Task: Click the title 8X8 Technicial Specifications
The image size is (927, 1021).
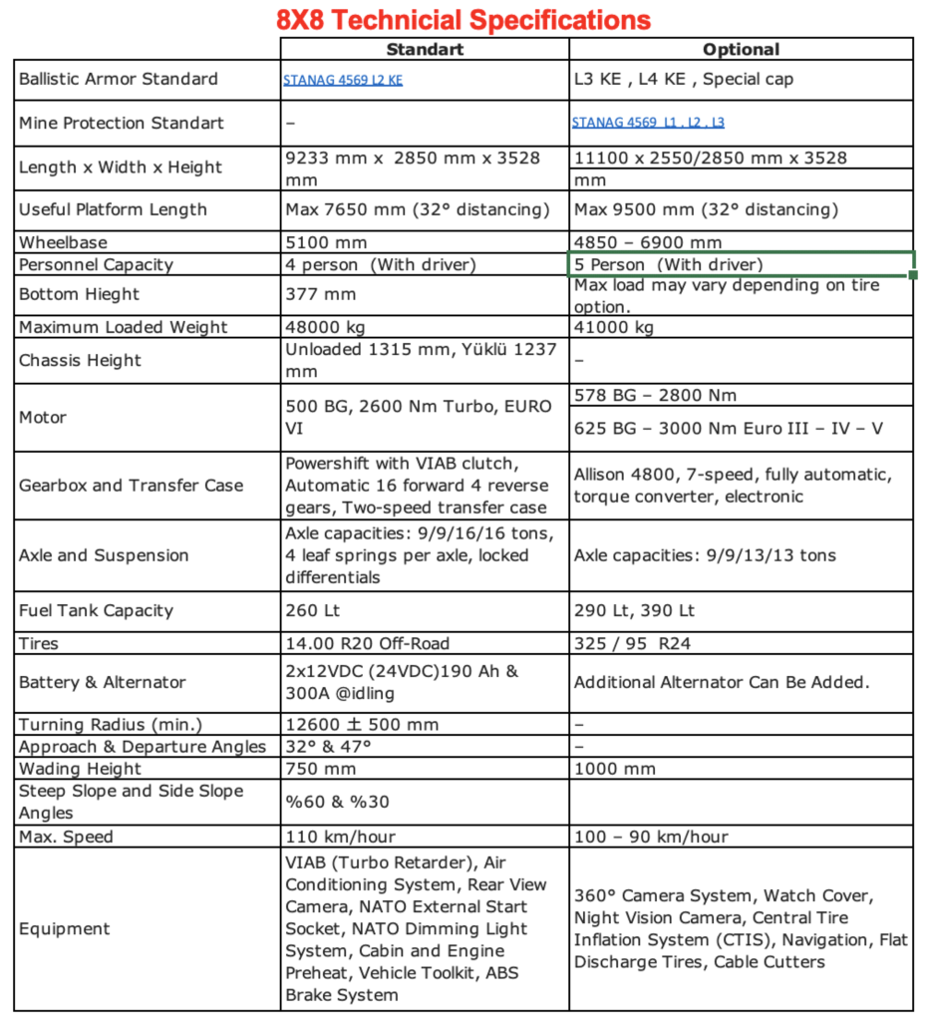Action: [x=463, y=19]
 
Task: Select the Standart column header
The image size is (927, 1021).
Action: [x=425, y=49]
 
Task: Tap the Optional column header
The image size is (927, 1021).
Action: [x=741, y=49]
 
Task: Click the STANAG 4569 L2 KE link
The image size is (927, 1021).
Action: [x=343, y=81]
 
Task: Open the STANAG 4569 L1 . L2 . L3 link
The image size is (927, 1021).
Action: [x=648, y=124]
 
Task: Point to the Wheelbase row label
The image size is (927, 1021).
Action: [x=63, y=242]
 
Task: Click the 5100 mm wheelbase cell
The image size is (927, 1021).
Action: [x=325, y=242]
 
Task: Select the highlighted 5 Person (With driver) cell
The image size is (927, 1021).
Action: [x=740, y=264]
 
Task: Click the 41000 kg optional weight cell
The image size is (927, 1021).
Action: [x=614, y=327]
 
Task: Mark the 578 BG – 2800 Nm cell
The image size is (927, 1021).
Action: [x=655, y=395]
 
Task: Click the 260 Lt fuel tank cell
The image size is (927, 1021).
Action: [x=314, y=610]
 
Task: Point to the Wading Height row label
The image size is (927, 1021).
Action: [x=80, y=769]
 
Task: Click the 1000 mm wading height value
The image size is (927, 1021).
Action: [x=615, y=769]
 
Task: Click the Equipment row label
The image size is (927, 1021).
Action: [x=64, y=929]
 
